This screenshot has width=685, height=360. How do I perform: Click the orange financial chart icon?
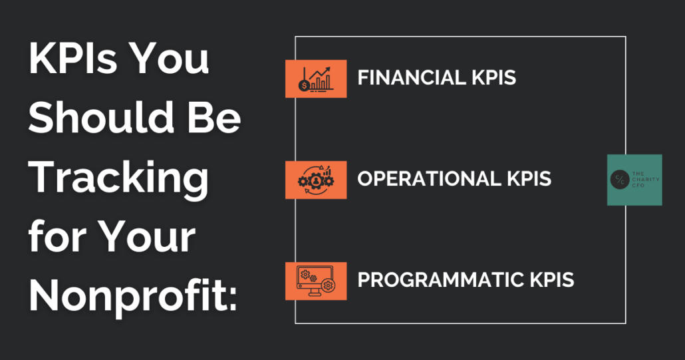(316, 79)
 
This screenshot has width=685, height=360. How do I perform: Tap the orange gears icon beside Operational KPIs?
(316, 180)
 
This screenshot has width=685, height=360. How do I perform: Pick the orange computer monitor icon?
(316, 281)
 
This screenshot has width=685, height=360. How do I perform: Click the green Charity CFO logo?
(634, 180)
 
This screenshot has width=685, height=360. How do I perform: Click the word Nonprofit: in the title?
(133, 296)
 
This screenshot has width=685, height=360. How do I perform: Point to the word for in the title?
(57, 236)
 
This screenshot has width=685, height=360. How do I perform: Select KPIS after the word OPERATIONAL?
(529, 179)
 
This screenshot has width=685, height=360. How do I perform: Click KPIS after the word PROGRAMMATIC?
(551, 279)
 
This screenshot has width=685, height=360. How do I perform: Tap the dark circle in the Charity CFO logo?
(619, 180)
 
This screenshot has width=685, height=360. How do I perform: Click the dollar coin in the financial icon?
(304, 86)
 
